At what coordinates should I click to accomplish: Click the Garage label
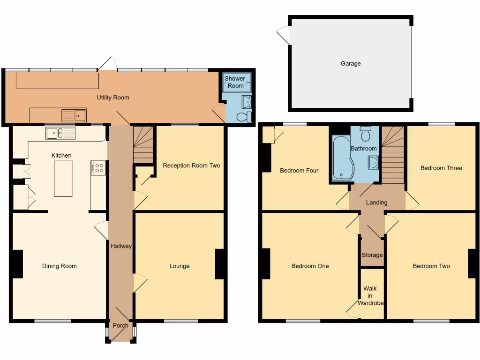pyautogui.click(x=351, y=63)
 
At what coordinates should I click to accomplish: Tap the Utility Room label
pyautogui.click(x=113, y=97)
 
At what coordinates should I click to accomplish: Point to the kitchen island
pyautogui.click(x=63, y=179)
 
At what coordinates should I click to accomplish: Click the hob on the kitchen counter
pyautogui.click(x=99, y=168)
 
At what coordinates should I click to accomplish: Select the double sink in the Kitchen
pyautogui.click(x=60, y=134)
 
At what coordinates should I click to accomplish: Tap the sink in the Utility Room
pyautogui.click(x=74, y=115)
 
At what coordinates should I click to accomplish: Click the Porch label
pyautogui.click(x=120, y=326)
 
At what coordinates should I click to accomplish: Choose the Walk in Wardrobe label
pyautogui.click(x=371, y=296)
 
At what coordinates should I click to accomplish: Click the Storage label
pyautogui.click(x=372, y=255)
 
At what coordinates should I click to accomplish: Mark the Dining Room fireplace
pyautogui.click(x=17, y=264)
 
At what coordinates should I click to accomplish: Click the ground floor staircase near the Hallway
pyautogui.click(x=143, y=145)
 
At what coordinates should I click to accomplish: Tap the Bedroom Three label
pyautogui.click(x=441, y=168)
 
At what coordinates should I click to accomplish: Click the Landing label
pyautogui.click(x=377, y=202)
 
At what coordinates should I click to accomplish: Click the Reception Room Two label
pyautogui.click(x=191, y=165)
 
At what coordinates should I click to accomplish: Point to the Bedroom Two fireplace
pyautogui.click(x=472, y=263)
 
